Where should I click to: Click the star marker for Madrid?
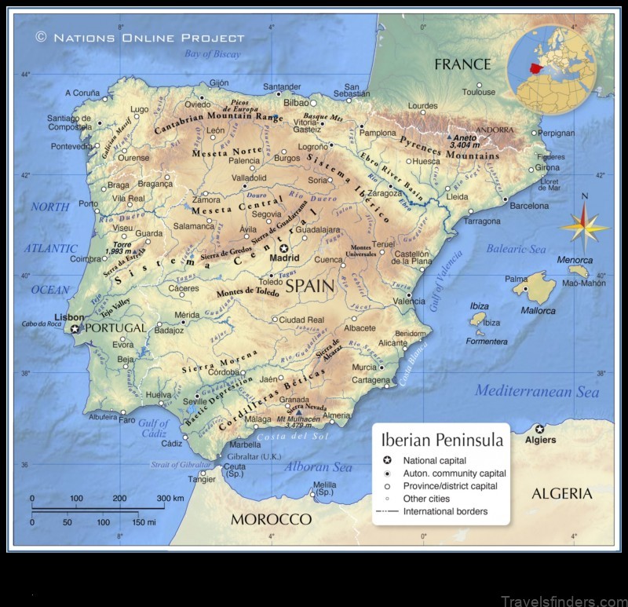(x=283, y=247)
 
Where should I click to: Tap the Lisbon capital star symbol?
(x=75, y=329)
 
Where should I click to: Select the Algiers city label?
(x=540, y=440)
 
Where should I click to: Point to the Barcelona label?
(x=529, y=206)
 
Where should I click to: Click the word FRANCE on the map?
(x=462, y=64)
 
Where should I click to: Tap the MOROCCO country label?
(x=271, y=519)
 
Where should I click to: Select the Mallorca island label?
(x=538, y=311)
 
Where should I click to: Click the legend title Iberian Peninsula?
(x=442, y=441)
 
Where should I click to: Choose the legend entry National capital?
(x=434, y=460)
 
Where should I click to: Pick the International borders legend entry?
(x=445, y=511)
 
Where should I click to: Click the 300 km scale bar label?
(x=170, y=498)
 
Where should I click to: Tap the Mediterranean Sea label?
(x=537, y=390)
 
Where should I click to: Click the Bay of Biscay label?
(x=212, y=53)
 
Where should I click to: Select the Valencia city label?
(x=409, y=302)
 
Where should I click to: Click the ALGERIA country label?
(x=561, y=493)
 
